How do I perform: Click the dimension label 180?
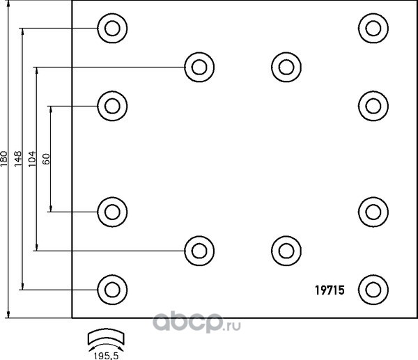click(x=3, y=159)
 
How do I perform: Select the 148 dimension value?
click(x=18, y=159)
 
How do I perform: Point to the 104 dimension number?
click(x=32, y=159)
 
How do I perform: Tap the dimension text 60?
click(x=46, y=159)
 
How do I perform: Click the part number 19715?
click(x=330, y=290)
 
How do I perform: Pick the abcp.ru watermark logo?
click(x=196, y=322)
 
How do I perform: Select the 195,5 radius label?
click(x=106, y=356)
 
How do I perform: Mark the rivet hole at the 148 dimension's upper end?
click(x=112, y=28)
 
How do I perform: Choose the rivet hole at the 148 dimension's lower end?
click(x=112, y=290)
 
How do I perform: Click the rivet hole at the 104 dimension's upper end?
click(x=199, y=67)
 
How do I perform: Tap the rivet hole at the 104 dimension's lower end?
click(x=199, y=251)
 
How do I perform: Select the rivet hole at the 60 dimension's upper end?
click(x=112, y=106)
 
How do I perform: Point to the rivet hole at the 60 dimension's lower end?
click(x=112, y=212)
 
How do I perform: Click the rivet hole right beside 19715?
click(x=373, y=290)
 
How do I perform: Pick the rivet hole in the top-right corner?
click(x=373, y=28)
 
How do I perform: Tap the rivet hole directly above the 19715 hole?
click(x=373, y=212)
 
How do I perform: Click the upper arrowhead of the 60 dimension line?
click(x=51, y=109)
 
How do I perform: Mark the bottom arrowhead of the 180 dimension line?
click(x=8, y=315)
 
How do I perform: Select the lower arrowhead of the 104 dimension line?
click(x=37, y=247)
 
